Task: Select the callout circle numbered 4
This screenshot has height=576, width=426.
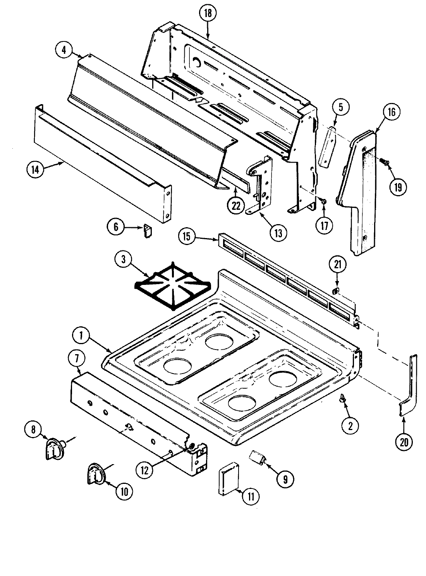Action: point(64,50)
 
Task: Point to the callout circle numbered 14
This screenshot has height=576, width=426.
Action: point(36,170)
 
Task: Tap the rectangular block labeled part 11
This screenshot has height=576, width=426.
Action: point(230,480)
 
